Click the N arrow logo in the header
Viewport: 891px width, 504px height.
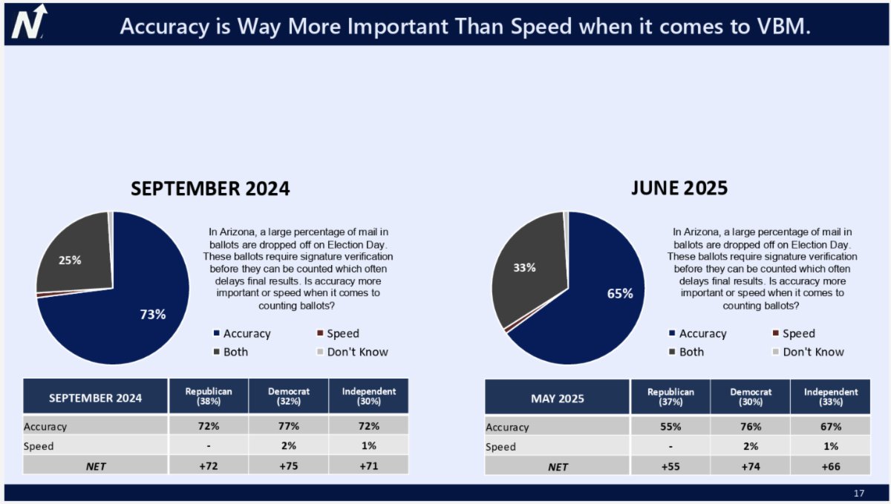click(29, 22)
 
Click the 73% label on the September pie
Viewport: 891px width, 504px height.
click(153, 315)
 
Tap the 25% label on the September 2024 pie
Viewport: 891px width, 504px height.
click(70, 261)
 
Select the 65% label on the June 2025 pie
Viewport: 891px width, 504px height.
click(620, 294)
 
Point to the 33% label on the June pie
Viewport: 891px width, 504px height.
click(524, 268)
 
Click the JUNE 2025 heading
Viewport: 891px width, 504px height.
click(679, 188)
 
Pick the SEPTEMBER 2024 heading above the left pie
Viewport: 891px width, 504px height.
click(210, 189)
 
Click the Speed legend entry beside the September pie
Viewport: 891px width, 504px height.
click(338, 333)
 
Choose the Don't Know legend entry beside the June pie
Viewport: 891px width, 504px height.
click(809, 352)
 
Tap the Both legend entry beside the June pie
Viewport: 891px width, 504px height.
click(687, 352)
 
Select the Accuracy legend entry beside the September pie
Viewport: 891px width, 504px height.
click(242, 333)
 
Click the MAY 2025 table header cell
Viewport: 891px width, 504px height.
click(558, 399)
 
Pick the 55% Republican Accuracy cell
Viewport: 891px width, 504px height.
click(670, 427)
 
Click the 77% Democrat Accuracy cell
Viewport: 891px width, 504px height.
click(288, 426)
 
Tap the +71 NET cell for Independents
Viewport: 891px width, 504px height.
click(369, 466)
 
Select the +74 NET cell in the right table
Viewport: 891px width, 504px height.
click(751, 466)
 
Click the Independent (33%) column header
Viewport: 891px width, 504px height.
click(831, 396)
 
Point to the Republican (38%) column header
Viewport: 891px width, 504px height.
click(209, 396)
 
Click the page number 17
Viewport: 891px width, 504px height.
click(859, 494)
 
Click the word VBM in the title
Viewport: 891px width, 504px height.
click(779, 26)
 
